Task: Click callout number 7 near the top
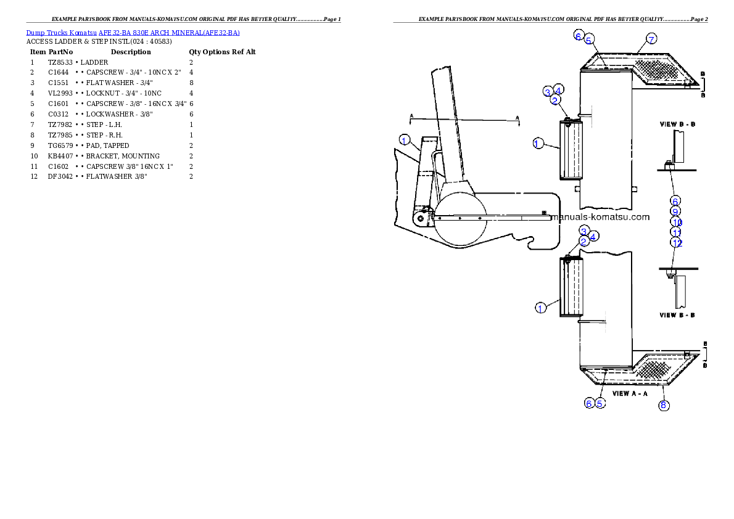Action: click(x=651, y=39)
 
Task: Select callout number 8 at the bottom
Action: click(x=663, y=405)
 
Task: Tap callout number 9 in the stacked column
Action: click(x=675, y=211)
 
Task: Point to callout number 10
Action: click(x=676, y=222)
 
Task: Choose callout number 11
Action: click(x=676, y=232)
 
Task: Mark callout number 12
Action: click(x=677, y=243)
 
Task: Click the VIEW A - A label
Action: click(x=630, y=393)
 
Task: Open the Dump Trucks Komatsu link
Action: click(x=133, y=33)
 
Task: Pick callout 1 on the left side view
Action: click(x=404, y=140)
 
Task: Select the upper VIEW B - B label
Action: click(x=677, y=124)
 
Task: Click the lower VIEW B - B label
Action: click(x=677, y=315)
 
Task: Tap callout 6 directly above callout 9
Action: click(x=675, y=201)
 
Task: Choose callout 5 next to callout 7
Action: click(x=589, y=39)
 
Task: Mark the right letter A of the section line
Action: click(x=518, y=117)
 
